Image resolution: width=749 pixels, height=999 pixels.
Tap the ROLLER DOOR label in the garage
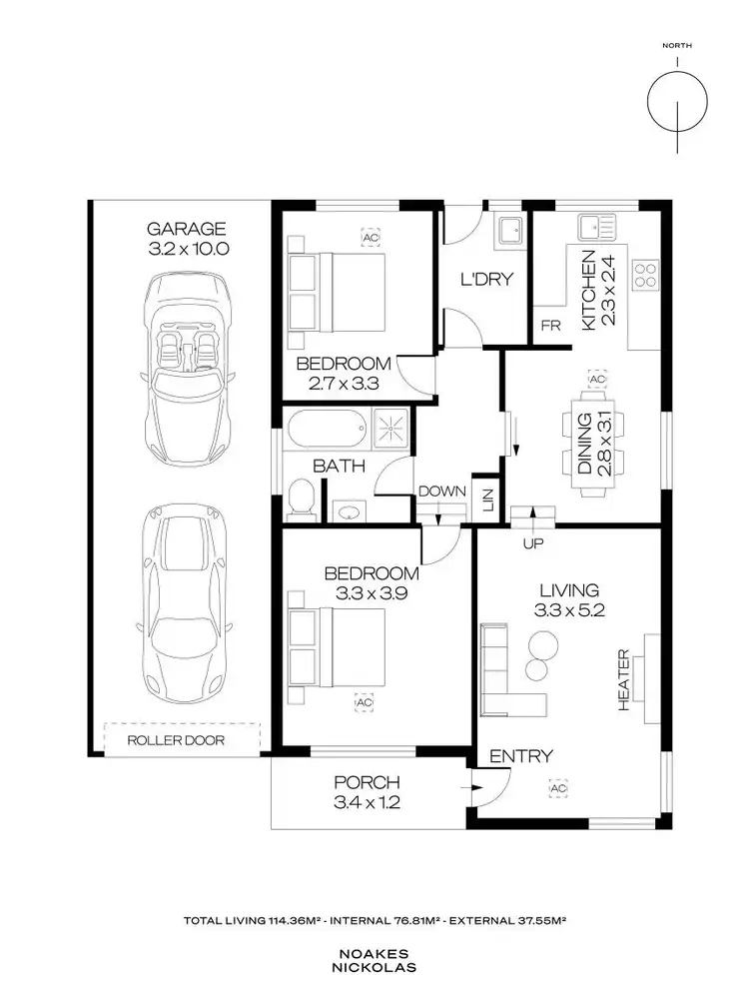[176, 740]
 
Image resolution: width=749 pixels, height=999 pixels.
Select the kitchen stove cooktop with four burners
[644, 273]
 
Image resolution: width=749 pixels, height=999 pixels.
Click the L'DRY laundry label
[485, 279]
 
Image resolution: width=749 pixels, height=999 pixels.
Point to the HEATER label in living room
[624, 680]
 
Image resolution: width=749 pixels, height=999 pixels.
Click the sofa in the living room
[499, 671]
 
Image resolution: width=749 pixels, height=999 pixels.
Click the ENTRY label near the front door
[519, 756]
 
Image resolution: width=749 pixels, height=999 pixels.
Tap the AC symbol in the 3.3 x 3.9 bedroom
[363, 703]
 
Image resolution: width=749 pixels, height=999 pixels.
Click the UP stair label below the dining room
[532, 542]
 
